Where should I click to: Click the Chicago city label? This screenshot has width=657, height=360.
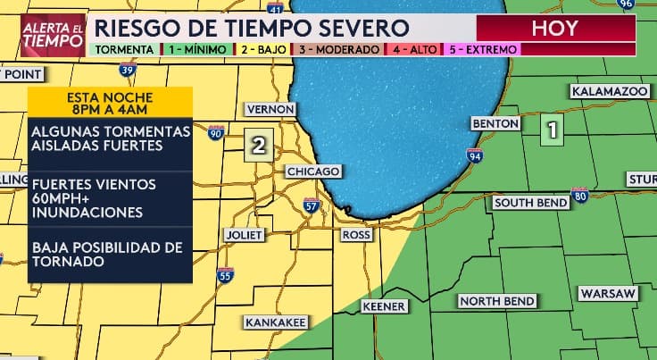click(x=312, y=172)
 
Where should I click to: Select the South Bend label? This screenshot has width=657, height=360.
click(x=530, y=204)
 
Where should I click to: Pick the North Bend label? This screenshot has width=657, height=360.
click(x=497, y=300)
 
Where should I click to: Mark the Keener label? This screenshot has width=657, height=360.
click(x=384, y=306)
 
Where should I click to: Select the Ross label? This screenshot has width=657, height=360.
click(x=356, y=234)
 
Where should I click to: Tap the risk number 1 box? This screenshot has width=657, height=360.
click(x=553, y=131)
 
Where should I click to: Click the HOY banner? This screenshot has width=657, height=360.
click(x=554, y=28)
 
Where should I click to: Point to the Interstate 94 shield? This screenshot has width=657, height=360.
click(x=474, y=156)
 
